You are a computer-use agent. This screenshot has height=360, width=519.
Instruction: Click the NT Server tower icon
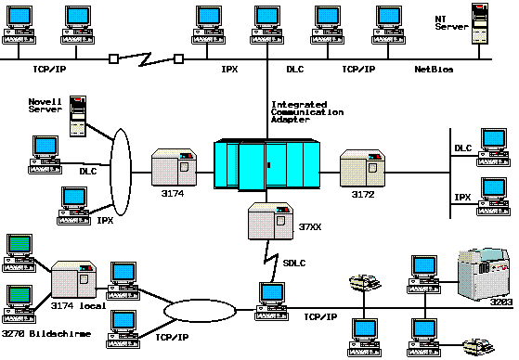tap(480, 23)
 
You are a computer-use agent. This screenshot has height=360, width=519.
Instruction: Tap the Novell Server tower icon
tap(78, 116)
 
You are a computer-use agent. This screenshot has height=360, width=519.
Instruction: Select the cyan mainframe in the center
tap(266, 165)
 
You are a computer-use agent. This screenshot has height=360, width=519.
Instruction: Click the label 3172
tap(363, 194)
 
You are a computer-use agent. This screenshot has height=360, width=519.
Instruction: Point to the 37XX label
tap(310, 227)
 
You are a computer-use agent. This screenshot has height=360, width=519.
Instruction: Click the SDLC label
tap(294, 264)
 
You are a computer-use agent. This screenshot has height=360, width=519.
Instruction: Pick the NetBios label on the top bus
tap(434, 70)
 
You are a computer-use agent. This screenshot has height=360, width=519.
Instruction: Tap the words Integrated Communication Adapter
tap(307, 112)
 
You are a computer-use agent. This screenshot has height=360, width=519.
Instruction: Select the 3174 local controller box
tap(74, 279)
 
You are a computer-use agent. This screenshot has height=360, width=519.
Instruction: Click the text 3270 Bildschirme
tap(46, 333)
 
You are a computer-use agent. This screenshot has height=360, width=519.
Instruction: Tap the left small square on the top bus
tap(113, 58)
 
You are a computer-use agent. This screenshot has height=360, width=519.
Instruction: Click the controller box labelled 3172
tap(363, 169)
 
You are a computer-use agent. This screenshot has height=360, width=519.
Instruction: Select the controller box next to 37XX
tap(271, 221)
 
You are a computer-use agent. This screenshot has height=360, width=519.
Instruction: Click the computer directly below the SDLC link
tap(271, 302)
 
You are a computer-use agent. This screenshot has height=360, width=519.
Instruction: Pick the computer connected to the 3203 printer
tap(424, 275)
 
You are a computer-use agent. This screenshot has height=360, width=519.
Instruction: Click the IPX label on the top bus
tap(229, 70)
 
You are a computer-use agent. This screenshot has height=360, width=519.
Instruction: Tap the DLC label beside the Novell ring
tap(88, 171)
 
